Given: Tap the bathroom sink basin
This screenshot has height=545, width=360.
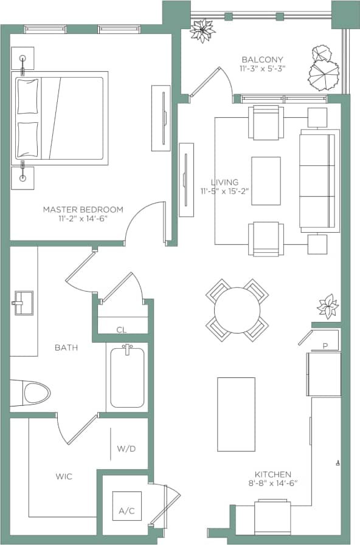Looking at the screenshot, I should tap(22, 303).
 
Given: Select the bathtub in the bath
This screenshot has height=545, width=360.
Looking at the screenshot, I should tap(127, 377).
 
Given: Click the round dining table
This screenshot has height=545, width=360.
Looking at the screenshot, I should tap(237, 310).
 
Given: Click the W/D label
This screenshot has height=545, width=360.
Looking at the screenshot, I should tap(126, 449).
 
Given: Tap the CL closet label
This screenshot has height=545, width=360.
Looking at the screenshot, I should tap(122, 330).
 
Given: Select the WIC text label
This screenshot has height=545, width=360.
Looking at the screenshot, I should tap(63, 477).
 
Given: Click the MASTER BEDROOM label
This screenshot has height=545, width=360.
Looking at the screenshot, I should tap(83, 210).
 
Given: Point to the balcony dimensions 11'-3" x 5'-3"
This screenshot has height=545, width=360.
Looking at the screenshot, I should tap(262, 69).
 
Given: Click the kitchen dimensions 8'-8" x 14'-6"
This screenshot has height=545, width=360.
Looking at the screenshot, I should tap(273, 484).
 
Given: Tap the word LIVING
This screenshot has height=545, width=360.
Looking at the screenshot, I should tap(224, 182).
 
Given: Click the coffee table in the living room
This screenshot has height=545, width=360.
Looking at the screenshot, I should tap(266, 180).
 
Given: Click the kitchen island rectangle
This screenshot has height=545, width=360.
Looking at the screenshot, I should tap(236, 414).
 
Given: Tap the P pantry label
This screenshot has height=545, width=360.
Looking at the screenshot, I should tap(325, 346).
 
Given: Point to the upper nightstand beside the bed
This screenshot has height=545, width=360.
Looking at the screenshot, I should tap(22, 58).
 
